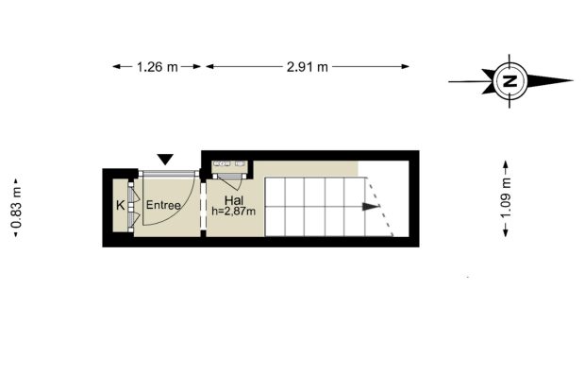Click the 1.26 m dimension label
point(157,67)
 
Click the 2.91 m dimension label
point(308,67)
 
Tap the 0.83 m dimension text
point(17,207)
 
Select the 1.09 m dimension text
point(506,198)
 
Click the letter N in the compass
point(510,80)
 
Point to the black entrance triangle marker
point(165,160)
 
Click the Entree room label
point(163,205)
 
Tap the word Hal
point(234,200)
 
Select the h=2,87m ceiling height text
point(234,212)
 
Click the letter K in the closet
point(120,205)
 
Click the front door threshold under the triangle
point(167,173)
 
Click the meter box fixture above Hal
point(229,163)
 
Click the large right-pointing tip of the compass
point(573,80)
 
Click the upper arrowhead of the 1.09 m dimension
point(506,164)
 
